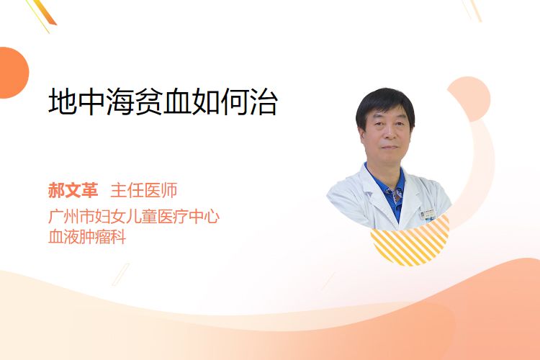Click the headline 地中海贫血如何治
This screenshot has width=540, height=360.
pos(163,102)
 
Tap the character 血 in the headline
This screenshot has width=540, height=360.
pos(177,102)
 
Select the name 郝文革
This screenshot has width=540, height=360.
pos(73,190)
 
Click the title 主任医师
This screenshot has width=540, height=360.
pos(144,190)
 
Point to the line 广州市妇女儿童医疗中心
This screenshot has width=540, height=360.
pos(134,216)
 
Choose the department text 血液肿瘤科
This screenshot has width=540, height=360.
pos(87,237)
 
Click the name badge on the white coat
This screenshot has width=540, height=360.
pos(428,215)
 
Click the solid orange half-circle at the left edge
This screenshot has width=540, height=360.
pos(13,73)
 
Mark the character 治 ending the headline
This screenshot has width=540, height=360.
pos(264,102)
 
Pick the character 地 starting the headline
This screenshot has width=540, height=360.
pos(63,102)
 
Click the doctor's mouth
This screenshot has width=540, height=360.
pos(390,148)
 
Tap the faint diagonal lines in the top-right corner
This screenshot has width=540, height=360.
pos(472,9)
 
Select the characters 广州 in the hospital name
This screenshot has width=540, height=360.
pos(63,216)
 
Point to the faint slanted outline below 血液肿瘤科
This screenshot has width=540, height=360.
pos(121,274)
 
